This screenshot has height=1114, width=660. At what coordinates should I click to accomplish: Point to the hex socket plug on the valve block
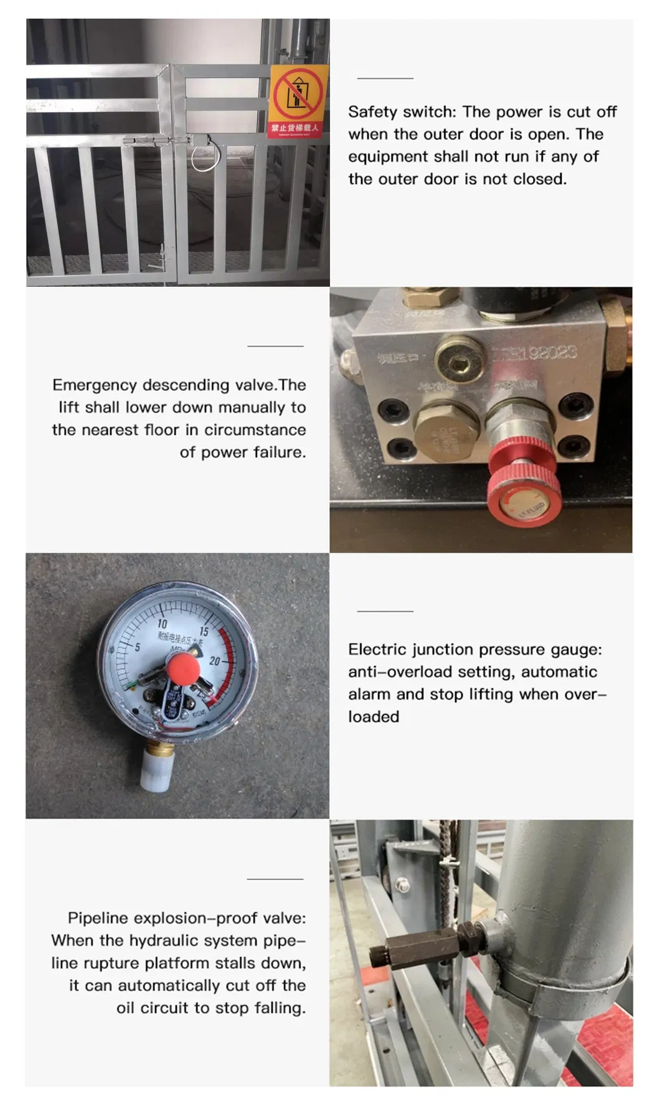coord(460,360)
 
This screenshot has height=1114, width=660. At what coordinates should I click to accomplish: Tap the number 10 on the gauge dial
coord(163,624)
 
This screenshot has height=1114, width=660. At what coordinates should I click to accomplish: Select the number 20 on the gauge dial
coord(215,661)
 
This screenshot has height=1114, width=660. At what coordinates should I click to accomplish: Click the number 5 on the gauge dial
coord(138,647)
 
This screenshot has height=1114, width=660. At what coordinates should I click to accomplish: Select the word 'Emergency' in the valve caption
coord(94,385)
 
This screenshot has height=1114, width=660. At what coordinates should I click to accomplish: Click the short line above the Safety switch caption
coord(385,78)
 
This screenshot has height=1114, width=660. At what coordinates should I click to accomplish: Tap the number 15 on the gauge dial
coord(204,632)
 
